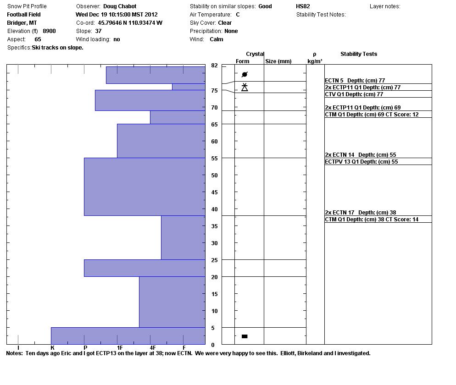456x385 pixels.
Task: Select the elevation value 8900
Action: point(49,31)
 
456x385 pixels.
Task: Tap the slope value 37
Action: point(99,31)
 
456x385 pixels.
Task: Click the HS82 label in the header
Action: point(303,6)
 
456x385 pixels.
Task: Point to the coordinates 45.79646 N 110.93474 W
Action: point(130,23)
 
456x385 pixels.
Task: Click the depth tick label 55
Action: point(214,158)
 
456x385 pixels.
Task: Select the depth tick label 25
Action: point(214,260)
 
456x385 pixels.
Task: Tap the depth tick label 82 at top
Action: point(214,66)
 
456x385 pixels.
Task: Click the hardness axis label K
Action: point(52,348)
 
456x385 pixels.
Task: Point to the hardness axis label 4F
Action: point(152,348)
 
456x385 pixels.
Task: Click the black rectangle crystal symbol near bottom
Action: point(245,336)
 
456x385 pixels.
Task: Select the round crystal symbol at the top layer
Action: point(245,74)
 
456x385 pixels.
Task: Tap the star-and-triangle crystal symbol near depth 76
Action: point(245,87)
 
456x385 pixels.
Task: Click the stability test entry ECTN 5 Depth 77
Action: point(355,81)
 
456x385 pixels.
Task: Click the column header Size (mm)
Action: point(278,61)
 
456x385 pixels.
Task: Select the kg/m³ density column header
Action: point(315,61)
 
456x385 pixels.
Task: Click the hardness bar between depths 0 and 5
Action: point(128,335)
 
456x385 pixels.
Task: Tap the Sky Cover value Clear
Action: point(224,23)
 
